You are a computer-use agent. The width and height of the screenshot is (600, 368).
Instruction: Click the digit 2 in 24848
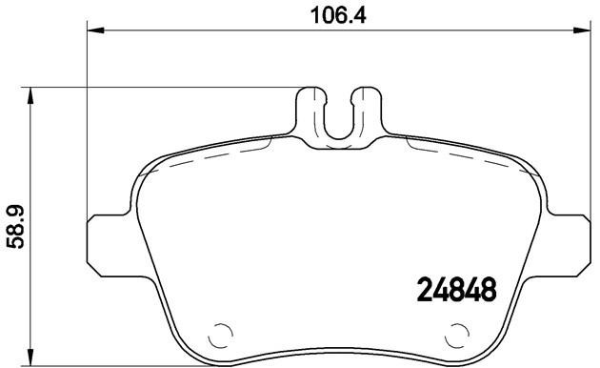[427, 287]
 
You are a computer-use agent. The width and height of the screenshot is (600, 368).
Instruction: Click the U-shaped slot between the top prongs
[338, 119]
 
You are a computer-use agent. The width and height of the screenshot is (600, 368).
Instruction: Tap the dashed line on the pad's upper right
[457, 153]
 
